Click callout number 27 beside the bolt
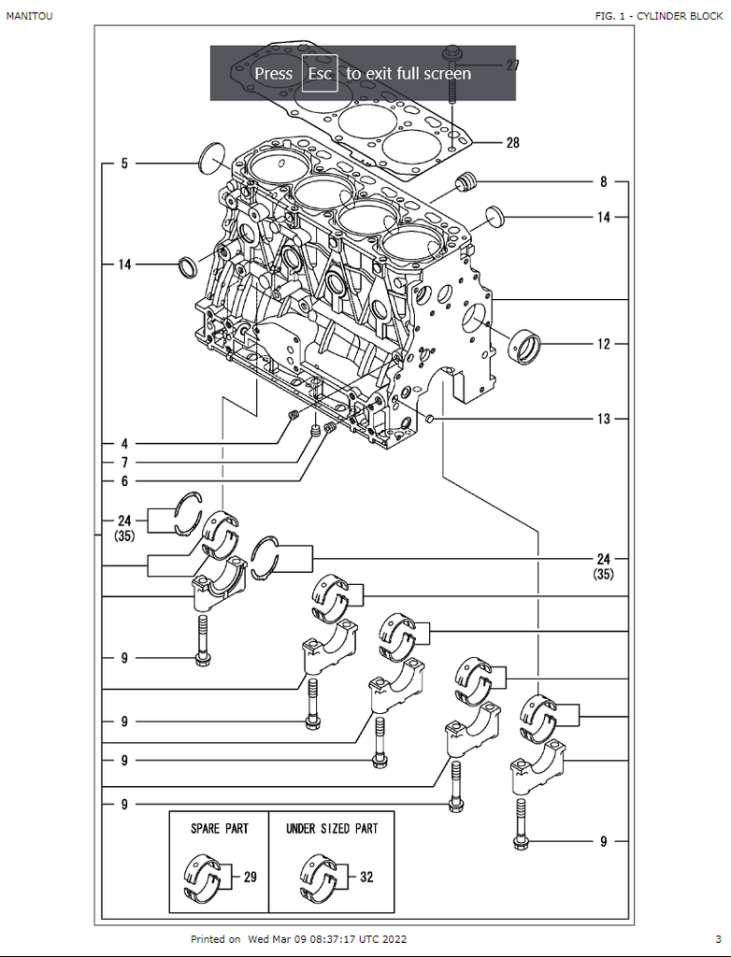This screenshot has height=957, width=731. click(512, 65)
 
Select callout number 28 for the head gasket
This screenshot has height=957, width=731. click(512, 143)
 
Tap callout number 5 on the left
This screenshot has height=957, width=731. click(124, 164)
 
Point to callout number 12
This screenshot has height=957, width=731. click(604, 344)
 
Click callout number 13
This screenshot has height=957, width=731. click(604, 419)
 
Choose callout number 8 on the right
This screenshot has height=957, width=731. click(604, 182)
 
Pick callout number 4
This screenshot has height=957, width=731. click(124, 443)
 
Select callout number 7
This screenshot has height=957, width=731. click(124, 463)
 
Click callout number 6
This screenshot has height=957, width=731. click(124, 481)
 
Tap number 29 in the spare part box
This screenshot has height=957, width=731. click(250, 878)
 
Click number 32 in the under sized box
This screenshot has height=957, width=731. click(366, 878)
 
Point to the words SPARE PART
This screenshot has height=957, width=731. click(220, 829)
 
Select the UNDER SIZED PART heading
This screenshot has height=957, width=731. click(332, 829)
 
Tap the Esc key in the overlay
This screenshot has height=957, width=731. click(320, 73)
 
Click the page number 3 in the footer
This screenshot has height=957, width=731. click(718, 938)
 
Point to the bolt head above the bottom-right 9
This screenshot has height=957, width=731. click(521, 843)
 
